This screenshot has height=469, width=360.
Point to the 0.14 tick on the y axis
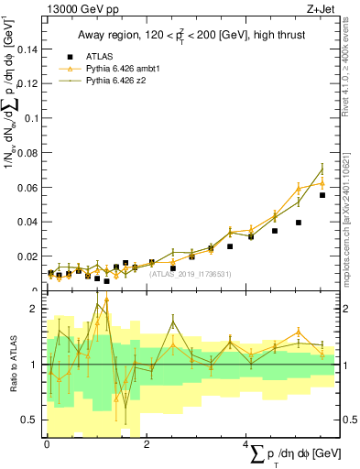click(27, 50)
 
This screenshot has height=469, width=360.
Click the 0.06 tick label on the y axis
click(27, 188)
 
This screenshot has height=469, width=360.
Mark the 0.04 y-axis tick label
click(27, 222)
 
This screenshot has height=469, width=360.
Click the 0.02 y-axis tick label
click(27, 256)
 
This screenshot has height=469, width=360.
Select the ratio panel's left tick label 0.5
click(29, 420)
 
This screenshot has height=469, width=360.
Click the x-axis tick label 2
click(147, 444)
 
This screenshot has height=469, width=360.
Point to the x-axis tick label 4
click(245, 444)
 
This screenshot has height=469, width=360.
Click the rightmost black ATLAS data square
click(322, 195)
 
